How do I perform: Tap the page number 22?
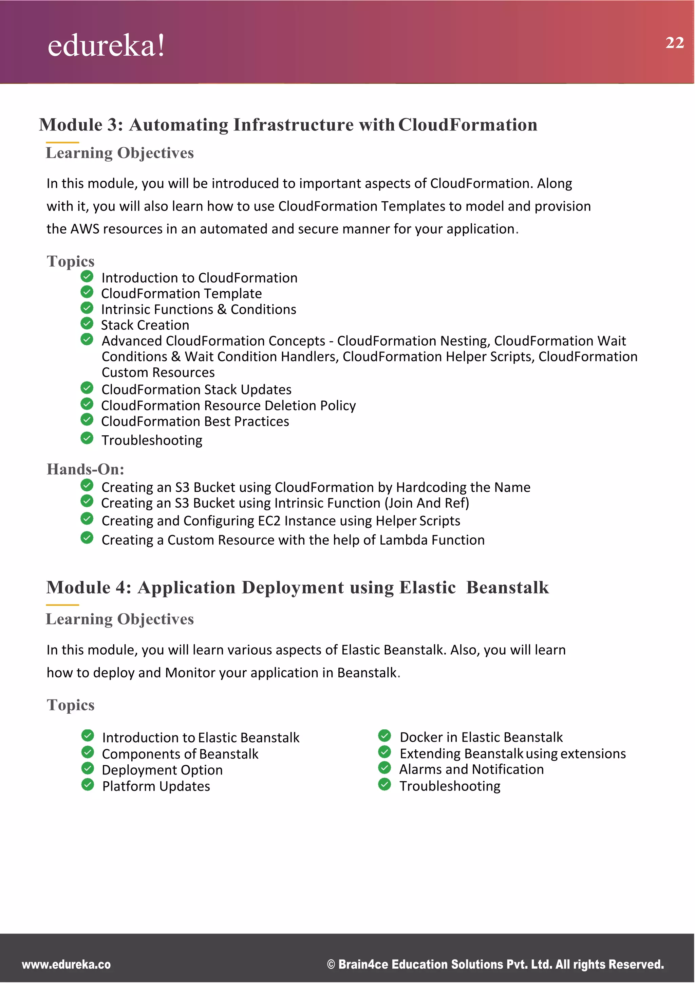click(674, 42)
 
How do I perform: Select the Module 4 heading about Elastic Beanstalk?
click(297, 587)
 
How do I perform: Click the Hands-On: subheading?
click(85, 469)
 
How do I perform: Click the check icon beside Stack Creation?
click(87, 323)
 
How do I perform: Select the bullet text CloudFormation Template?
click(181, 294)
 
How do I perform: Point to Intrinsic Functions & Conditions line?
click(199, 310)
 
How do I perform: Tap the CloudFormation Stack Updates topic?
click(196, 389)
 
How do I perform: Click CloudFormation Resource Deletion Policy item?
click(228, 405)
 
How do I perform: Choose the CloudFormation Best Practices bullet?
click(195, 422)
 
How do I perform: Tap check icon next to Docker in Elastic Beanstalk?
click(384, 736)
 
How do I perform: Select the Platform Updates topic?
click(156, 786)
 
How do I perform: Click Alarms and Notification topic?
click(471, 769)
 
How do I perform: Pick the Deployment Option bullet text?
click(162, 770)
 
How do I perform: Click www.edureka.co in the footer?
click(66, 965)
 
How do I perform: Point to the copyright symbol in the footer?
click(331, 965)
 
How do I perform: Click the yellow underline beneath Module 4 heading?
click(62, 605)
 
